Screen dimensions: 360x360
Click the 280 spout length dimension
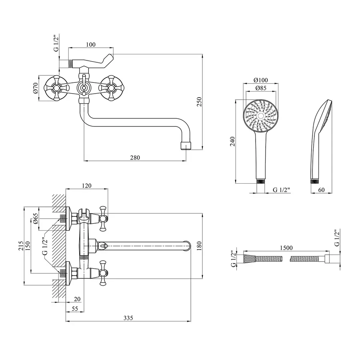point(135,158)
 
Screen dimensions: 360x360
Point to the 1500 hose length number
point(286,248)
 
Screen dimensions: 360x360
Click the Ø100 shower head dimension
point(261,80)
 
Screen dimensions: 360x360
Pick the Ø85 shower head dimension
point(261,88)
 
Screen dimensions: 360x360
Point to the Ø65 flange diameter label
point(35,218)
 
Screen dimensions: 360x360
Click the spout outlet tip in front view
point(186,145)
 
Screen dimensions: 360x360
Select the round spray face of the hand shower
point(261,116)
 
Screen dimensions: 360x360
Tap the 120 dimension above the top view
point(87,185)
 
